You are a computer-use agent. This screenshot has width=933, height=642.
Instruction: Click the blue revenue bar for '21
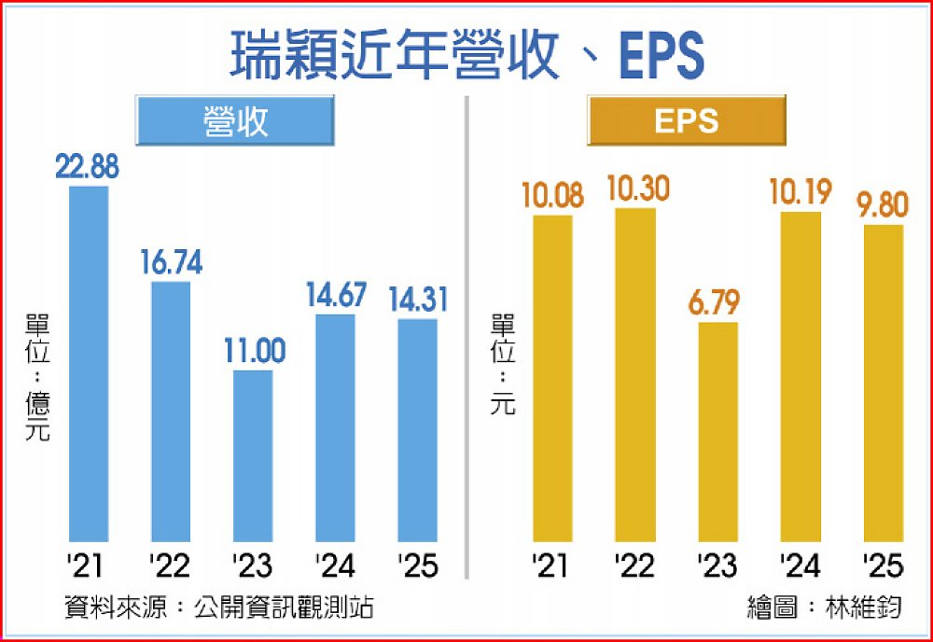(89, 364)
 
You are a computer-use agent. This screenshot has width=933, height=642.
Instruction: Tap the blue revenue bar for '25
(417, 429)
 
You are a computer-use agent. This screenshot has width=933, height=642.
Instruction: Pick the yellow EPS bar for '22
(634, 373)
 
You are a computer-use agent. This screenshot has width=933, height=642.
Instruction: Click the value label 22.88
(88, 168)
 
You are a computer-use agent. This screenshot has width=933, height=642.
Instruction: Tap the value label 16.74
(171, 263)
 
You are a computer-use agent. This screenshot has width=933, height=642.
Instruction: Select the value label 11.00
(253, 352)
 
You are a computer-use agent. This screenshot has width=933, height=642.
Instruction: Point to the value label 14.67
(335, 297)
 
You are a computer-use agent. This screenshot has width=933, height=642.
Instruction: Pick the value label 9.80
(883, 205)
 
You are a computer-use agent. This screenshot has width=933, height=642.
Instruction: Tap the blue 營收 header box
(235, 120)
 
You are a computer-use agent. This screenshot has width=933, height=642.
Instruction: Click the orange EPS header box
(687, 120)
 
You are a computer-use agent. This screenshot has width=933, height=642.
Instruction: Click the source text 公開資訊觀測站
(285, 608)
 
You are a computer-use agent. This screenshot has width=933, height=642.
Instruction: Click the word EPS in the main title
(660, 56)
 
